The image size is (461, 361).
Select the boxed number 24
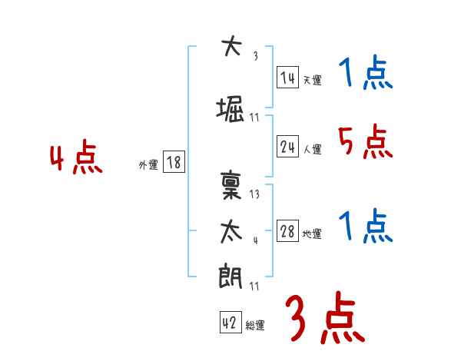[x=287, y=147]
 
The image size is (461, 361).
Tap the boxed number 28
[x=287, y=231]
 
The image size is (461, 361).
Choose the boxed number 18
[x=173, y=162]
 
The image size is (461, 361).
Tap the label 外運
[x=148, y=164]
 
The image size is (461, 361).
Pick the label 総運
[x=255, y=326]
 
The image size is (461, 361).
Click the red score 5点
[x=364, y=141]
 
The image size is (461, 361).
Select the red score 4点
[x=76, y=159]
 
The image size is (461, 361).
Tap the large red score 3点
[x=325, y=319]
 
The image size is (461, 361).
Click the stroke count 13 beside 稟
[x=255, y=194]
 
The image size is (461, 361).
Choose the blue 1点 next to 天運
[x=364, y=75]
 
